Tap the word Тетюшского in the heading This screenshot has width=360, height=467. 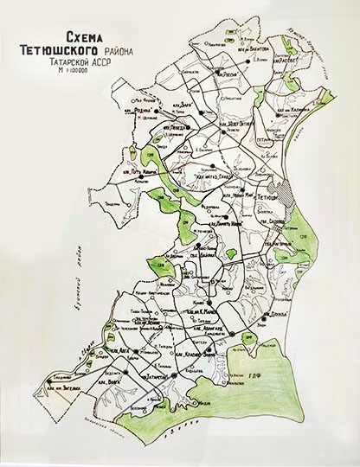coord(65,50)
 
